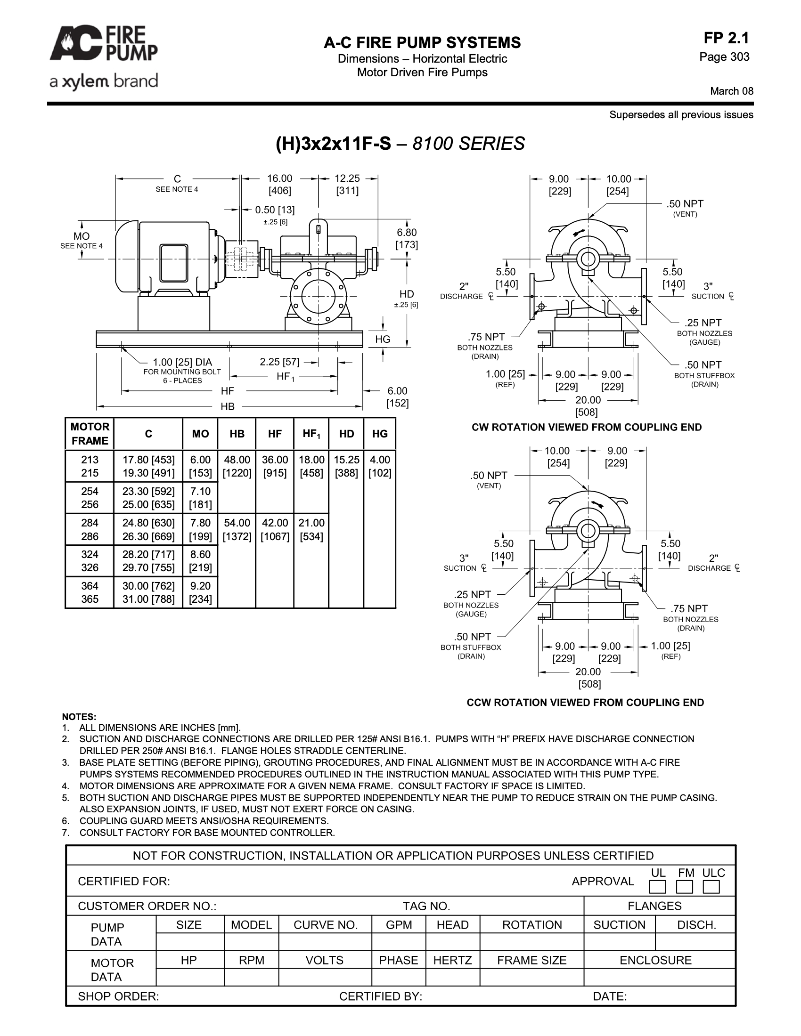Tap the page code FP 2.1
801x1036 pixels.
[x=726, y=38]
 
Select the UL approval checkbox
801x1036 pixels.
[x=658, y=887]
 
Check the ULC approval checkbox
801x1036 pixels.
[x=711, y=887]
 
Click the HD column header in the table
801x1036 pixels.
[x=346, y=434]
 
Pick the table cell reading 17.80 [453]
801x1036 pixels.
[x=148, y=460]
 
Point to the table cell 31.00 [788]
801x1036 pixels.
[x=148, y=599]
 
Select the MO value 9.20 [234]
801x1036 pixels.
[x=200, y=592]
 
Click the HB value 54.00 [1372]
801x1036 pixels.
[x=237, y=529]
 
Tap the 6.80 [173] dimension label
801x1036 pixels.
[x=407, y=238]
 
